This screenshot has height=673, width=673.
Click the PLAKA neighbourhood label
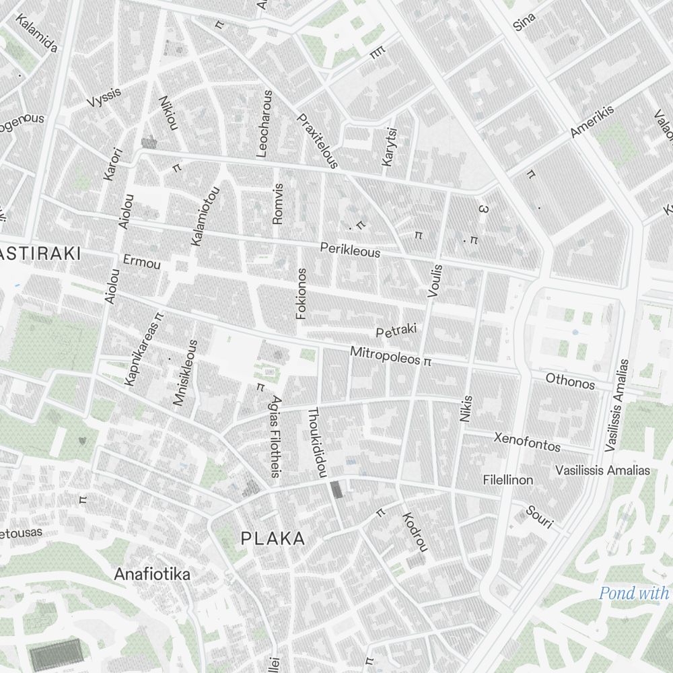[x=273, y=538]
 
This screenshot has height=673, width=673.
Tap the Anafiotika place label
[x=152, y=574]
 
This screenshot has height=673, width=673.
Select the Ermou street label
[x=142, y=262]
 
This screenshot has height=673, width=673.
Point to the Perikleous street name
[x=349, y=250]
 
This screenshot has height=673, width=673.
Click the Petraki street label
[x=396, y=330]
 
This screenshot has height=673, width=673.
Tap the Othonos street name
[x=570, y=382]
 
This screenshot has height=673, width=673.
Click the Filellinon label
[x=508, y=480]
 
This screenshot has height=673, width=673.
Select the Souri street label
[x=539, y=516]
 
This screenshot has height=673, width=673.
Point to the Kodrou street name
[x=415, y=532]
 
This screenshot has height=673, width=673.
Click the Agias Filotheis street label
[x=275, y=436]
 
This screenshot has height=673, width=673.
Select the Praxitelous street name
[x=316, y=140]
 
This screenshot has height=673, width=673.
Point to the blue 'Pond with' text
[x=634, y=593]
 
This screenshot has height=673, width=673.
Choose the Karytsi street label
[x=389, y=146]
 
